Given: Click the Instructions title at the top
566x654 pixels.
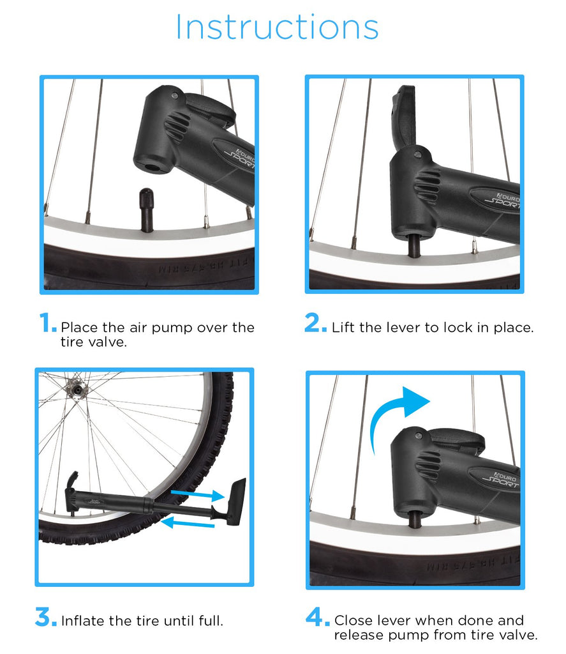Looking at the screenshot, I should tap(277, 27).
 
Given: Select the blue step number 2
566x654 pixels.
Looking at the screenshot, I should tap(315, 324).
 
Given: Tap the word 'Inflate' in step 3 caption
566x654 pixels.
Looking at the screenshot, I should tap(82, 620).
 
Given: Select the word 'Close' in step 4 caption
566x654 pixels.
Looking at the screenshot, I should tap(353, 620).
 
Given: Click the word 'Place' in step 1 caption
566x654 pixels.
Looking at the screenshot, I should tap(78, 328).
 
